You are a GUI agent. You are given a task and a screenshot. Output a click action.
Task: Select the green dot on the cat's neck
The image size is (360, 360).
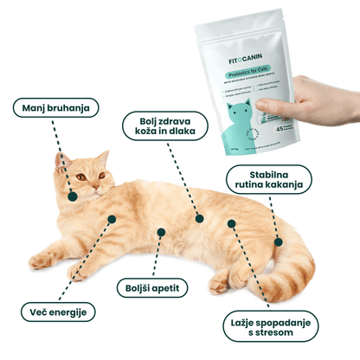pyautogui.click(x=73, y=197)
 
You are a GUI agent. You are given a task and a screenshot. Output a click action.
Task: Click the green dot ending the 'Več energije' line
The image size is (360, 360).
pyautogui.click(x=110, y=218)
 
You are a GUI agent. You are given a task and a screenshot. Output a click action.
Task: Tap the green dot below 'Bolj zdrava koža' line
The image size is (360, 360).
pyautogui.click(x=199, y=219)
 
